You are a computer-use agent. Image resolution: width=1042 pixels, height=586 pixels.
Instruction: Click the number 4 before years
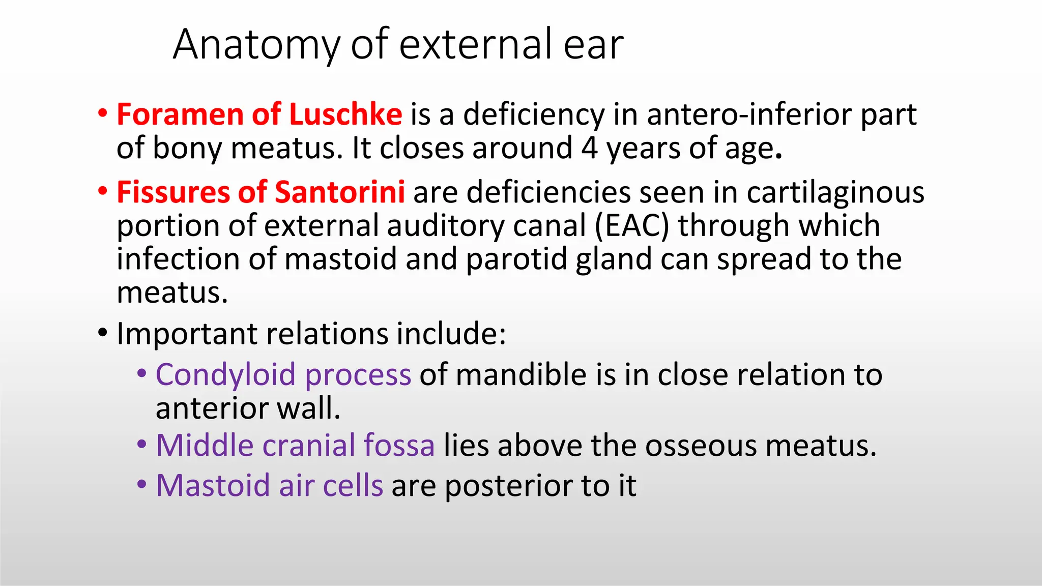[x=589, y=148]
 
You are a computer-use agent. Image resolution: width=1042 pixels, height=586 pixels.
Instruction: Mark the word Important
[x=187, y=334]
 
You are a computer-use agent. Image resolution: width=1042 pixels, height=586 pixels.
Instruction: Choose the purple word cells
[x=353, y=485]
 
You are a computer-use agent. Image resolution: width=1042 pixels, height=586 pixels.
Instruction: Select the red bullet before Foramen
[x=103, y=113]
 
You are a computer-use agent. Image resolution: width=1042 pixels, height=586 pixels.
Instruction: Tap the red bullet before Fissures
[x=103, y=191]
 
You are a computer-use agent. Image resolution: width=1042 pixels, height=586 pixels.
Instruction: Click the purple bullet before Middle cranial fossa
[x=142, y=445]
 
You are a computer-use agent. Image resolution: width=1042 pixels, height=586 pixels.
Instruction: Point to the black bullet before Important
[x=103, y=333]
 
